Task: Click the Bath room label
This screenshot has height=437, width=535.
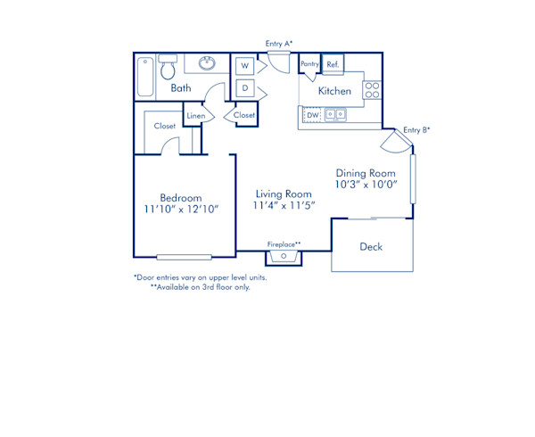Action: point(181,88)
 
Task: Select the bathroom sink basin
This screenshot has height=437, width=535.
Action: point(207,63)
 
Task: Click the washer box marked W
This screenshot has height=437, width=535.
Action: point(243,66)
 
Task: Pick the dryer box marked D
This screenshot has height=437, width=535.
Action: point(243,88)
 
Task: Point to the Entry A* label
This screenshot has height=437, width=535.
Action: point(279,44)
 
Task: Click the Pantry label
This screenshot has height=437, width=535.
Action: point(309,64)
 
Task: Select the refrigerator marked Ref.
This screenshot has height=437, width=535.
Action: point(333,64)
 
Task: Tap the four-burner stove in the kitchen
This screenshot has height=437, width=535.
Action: point(372,89)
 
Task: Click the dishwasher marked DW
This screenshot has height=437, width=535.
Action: point(312,115)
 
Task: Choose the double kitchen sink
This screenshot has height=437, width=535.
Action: point(336,114)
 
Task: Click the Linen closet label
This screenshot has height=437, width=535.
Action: point(194,115)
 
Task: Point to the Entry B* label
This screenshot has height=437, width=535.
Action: point(416,130)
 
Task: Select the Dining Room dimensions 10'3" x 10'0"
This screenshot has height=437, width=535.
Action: point(366,185)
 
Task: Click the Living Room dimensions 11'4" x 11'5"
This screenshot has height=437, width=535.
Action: point(284,205)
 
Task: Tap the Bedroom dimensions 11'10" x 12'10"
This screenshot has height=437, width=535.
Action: point(181,210)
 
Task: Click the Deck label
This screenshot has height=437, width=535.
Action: point(371,246)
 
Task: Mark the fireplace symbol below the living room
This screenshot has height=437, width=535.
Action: point(284,257)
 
